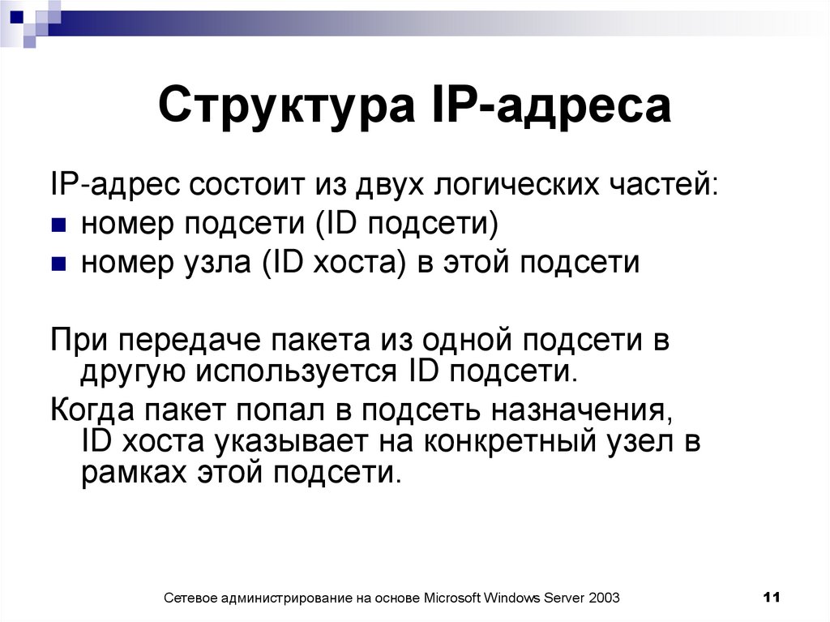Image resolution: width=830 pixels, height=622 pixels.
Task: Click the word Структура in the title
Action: [284, 108]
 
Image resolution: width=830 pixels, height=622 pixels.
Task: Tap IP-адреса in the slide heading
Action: [548, 108]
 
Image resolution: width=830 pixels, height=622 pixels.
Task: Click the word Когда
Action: [94, 410]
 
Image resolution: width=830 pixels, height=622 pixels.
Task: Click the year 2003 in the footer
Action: [605, 598]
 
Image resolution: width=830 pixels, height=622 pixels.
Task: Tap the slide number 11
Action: [771, 598]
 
